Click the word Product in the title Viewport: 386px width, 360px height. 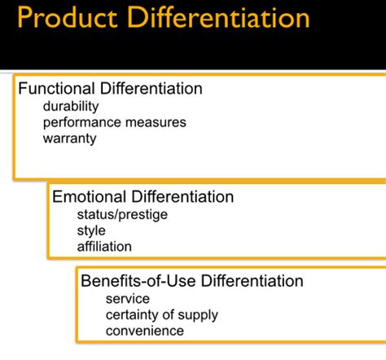[68, 17]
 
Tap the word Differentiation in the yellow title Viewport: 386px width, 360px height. [218, 17]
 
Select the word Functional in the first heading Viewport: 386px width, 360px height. [56, 89]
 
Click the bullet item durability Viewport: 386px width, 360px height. [71, 106]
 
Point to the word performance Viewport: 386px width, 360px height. [82, 123]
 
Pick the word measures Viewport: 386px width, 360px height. [156, 122]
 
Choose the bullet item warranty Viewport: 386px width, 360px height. [70, 138]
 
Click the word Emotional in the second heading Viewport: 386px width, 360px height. [89, 196]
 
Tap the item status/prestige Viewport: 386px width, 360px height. [122, 215]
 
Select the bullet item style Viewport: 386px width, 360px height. [91, 230]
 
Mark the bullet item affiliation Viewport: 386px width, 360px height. [104, 247]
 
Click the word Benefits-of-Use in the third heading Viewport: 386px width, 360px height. [138, 281]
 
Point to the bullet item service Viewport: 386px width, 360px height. [128, 299]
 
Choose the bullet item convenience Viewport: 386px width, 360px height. [145, 331]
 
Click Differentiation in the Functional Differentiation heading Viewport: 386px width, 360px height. [151, 89]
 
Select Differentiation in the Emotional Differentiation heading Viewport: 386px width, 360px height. [182, 196]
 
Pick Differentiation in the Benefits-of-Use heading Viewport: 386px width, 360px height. [252, 281]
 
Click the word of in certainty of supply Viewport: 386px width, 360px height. [169, 314]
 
